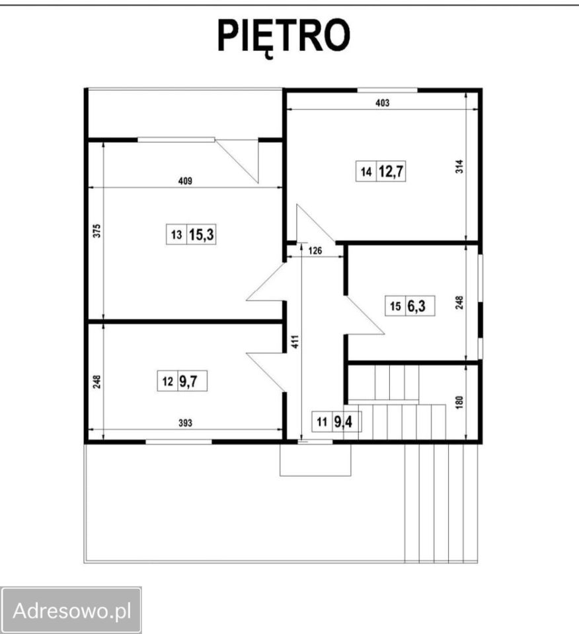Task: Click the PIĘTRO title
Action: coord(284,36)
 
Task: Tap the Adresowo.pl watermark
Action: coord(71,610)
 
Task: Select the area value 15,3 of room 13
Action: coord(201,234)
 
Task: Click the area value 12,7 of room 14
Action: coord(391,172)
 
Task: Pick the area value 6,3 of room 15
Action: coord(416,306)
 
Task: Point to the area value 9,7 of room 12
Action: coord(188,381)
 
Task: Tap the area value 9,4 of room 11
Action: coord(343,422)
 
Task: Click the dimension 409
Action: coord(185,181)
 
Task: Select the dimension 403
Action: coord(382,103)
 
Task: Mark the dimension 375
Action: coord(96,231)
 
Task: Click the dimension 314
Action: coord(459,166)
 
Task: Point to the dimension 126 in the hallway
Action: coord(315,251)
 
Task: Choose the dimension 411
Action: coord(295,341)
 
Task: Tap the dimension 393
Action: coord(185,423)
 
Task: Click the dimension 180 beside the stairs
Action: coord(459,403)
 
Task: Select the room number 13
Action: coord(176,234)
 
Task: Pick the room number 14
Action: coord(366,172)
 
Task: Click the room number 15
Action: coord(395,306)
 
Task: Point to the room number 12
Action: coord(167,381)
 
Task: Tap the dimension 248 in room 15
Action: coord(459,303)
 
